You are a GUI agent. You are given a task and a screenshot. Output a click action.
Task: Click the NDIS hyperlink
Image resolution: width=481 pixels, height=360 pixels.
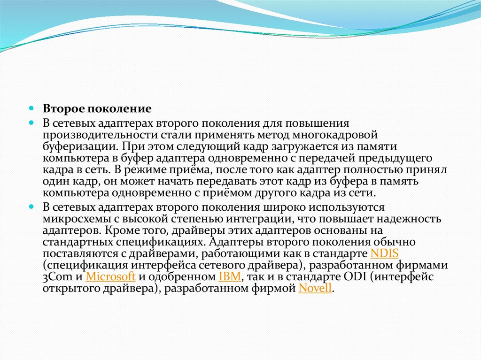click(x=384, y=253)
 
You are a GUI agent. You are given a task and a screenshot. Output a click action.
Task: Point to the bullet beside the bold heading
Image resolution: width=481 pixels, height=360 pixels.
click(x=31, y=108)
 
